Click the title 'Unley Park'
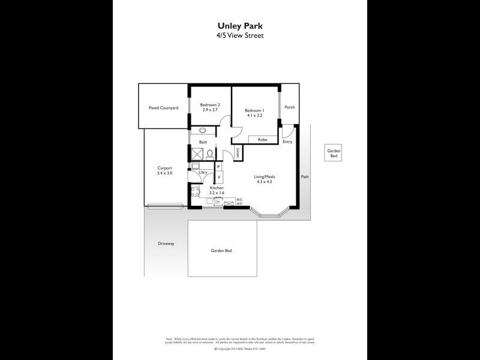click(239, 26)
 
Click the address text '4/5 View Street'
click(239, 35)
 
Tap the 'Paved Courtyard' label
click(163, 108)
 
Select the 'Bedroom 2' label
click(210, 105)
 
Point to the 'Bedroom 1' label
click(254, 110)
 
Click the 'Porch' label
click(290, 107)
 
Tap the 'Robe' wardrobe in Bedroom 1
click(262, 140)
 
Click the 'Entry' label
click(287, 142)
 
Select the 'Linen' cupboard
click(238, 153)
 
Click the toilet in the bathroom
click(210, 154)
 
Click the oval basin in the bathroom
click(202, 130)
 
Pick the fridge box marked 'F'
click(219, 178)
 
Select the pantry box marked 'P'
click(219, 167)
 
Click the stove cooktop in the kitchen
click(194, 192)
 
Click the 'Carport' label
click(165, 170)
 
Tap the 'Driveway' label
click(166, 244)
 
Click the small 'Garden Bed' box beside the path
click(334, 153)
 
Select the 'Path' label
click(305, 177)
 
